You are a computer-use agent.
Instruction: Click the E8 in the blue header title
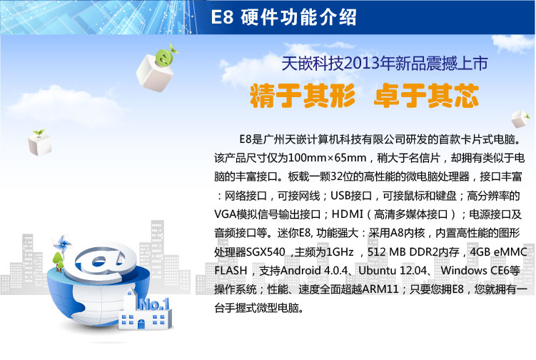tap(222, 16)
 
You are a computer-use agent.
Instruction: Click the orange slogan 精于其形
tap(303, 96)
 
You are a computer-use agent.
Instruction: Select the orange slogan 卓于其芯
tap(426, 96)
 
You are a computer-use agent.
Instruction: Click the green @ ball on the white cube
tap(165, 57)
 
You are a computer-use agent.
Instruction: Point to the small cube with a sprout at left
tap(40, 143)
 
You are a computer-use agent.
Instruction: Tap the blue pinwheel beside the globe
tap(62, 244)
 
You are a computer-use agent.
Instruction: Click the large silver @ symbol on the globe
tap(101, 262)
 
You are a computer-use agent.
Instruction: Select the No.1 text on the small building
tap(154, 304)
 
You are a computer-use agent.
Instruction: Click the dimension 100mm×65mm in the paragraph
tap(327, 158)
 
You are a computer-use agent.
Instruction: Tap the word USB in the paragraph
tap(341, 196)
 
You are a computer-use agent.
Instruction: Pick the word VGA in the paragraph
tap(225, 214)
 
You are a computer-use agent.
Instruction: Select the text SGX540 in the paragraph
tap(266, 252)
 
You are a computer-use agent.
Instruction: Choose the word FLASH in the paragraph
tap(231, 271)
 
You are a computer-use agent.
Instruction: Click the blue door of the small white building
tap(141, 324)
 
